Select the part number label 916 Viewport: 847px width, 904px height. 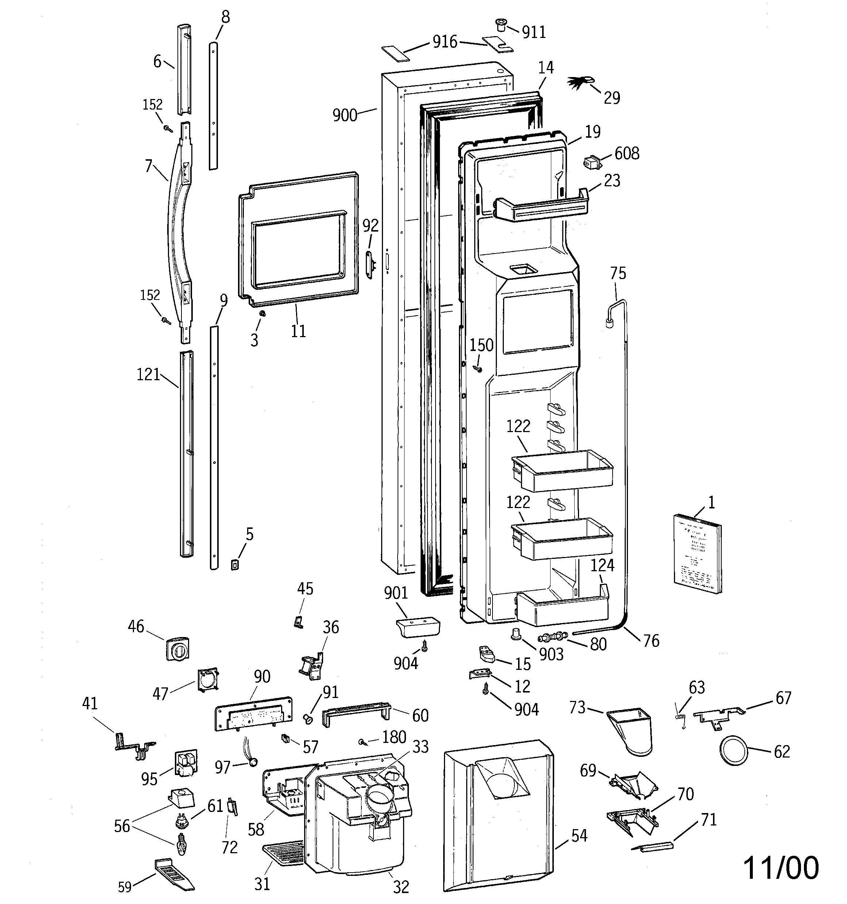pos(444,42)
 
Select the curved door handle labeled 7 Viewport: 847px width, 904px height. pos(179,232)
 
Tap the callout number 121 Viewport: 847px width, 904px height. pos(148,375)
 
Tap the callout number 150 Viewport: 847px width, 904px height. pos(481,345)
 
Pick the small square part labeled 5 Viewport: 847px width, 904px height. pos(235,565)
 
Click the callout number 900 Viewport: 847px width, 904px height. pos(345,115)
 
